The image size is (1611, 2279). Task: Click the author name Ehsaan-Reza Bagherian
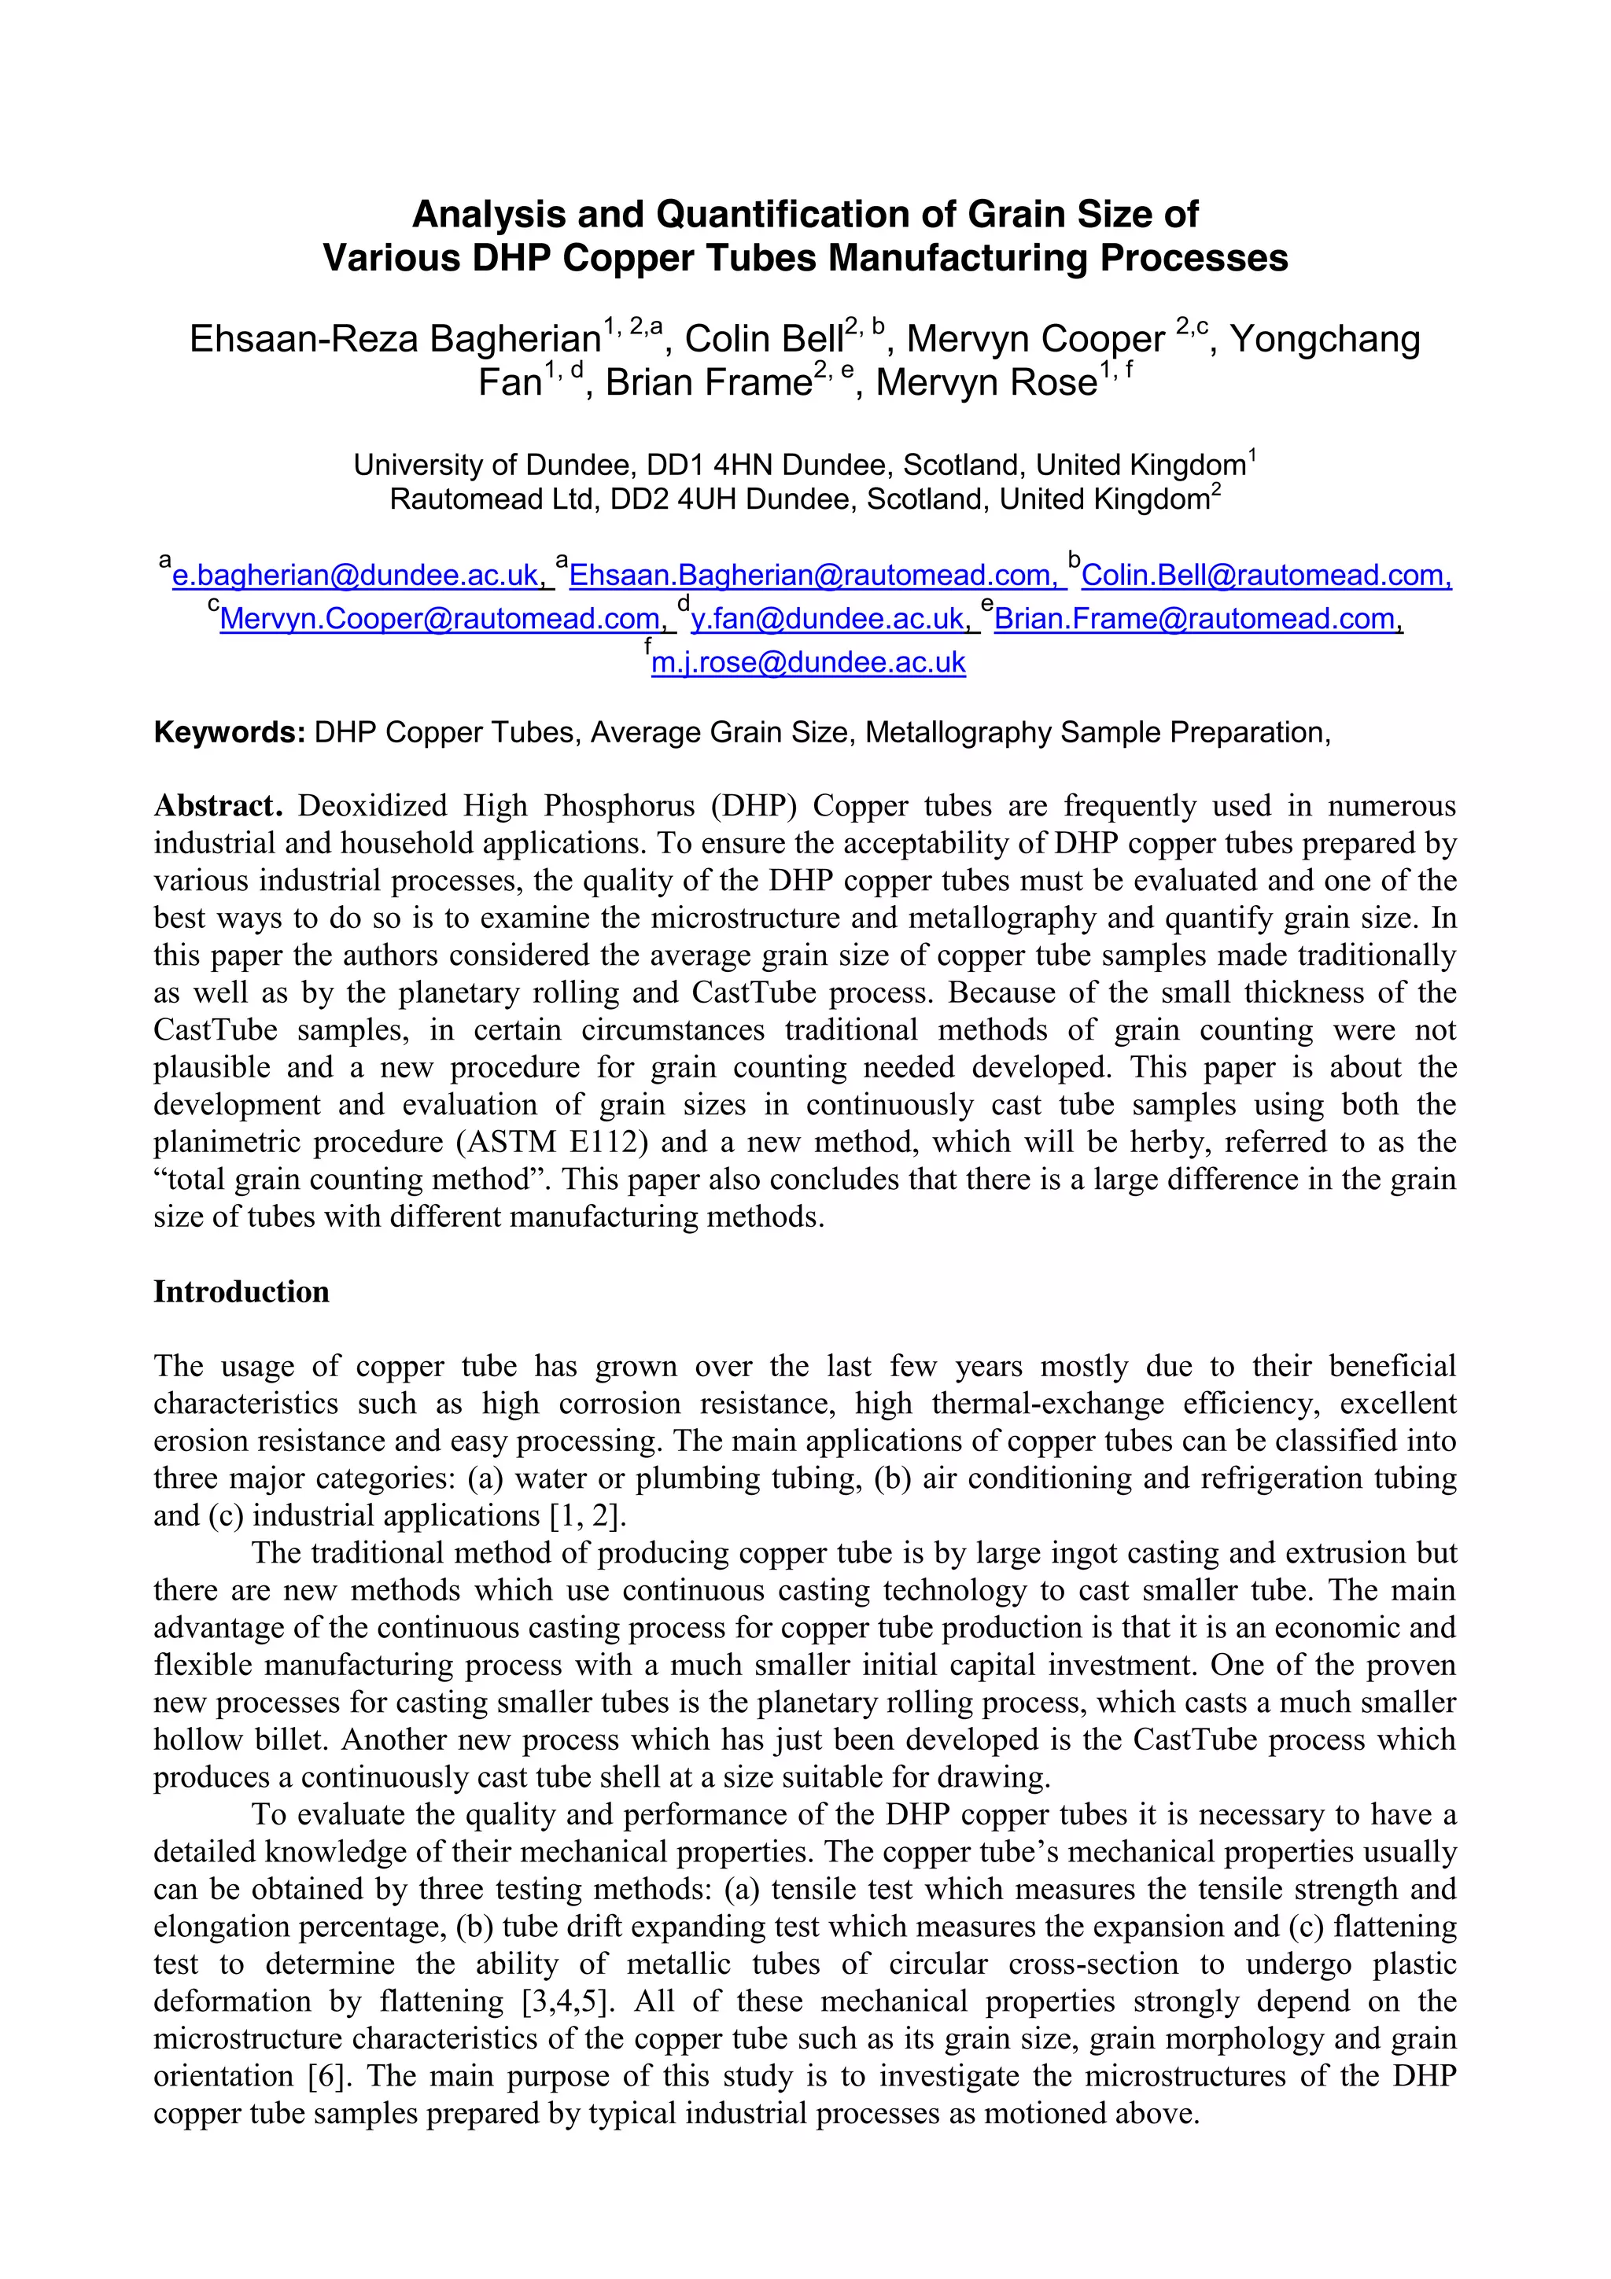(x=395, y=340)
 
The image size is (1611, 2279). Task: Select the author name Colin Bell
(x=763, y=340)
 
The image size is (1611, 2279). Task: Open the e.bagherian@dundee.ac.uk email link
(x=356, y=576)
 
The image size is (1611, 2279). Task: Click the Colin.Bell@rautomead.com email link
(x=1266, y=576)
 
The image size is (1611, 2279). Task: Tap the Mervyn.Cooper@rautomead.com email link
(x=440, y=620)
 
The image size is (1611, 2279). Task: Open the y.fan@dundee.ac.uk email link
(x=828, y=620)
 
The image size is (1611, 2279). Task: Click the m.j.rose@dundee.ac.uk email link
(x=808, y=663)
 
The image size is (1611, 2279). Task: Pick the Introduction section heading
(x=241, y=1291)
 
